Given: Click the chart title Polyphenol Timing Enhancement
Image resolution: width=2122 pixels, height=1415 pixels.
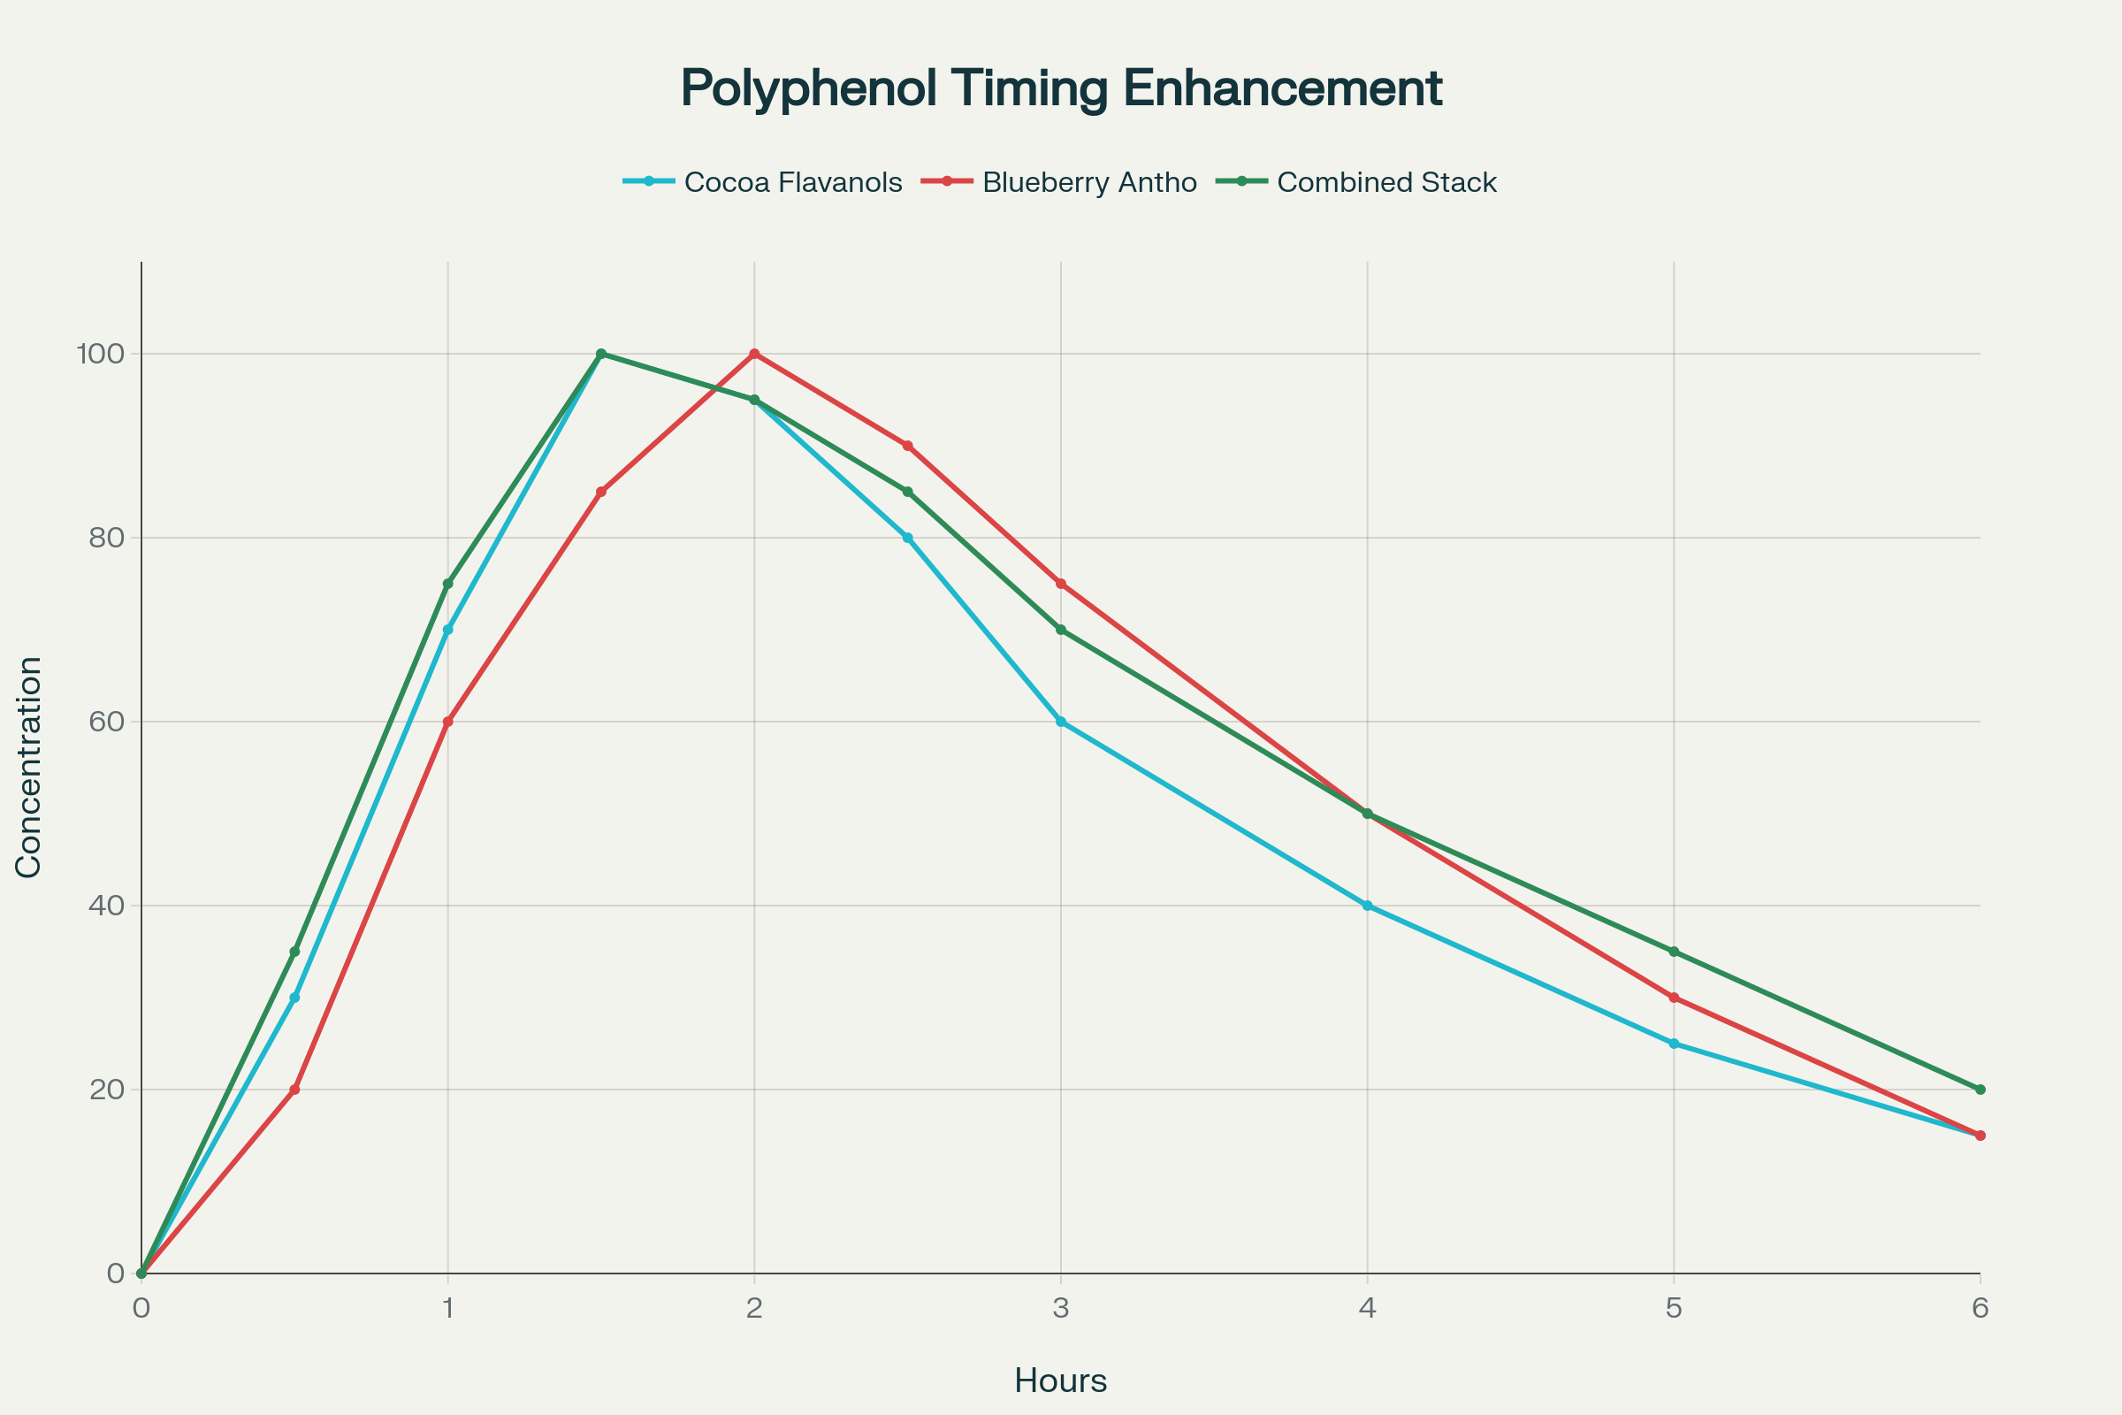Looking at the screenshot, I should [1061, 88].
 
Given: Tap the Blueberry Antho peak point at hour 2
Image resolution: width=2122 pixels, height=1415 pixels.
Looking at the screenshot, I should [754, 354].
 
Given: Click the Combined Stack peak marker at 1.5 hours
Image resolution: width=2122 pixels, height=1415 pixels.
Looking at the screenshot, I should [601, 354].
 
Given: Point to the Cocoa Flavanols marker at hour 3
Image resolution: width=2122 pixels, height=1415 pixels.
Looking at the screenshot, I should [1061, 722].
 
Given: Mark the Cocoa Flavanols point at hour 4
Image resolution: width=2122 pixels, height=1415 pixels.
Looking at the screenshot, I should [1368, 905].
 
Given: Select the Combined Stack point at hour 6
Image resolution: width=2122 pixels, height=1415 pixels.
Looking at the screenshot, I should [1981, 1090].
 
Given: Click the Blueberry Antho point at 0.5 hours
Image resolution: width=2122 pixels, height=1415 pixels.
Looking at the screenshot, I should [294, 1090].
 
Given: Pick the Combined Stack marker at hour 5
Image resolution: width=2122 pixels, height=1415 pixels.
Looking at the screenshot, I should [1674, 952].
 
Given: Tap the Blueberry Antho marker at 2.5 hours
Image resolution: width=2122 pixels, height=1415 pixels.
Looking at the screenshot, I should [908, 446].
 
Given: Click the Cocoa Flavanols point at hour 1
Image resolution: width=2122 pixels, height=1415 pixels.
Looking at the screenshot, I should [447, 630].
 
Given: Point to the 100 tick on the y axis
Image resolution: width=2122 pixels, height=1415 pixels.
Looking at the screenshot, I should [99, 354].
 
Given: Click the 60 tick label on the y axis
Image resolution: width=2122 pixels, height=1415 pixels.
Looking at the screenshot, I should [105, 722].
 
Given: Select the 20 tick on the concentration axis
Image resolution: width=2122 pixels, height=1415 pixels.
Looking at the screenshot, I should [105, 1090].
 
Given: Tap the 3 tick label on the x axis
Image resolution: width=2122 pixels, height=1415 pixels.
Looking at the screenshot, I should [1061, 1309].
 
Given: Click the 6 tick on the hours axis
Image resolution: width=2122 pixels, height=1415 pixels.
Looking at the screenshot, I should [1981, 1309].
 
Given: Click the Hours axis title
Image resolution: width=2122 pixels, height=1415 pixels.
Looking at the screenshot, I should [1061, 1381].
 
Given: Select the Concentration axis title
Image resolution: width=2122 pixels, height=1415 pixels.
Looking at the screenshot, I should [29, 767].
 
